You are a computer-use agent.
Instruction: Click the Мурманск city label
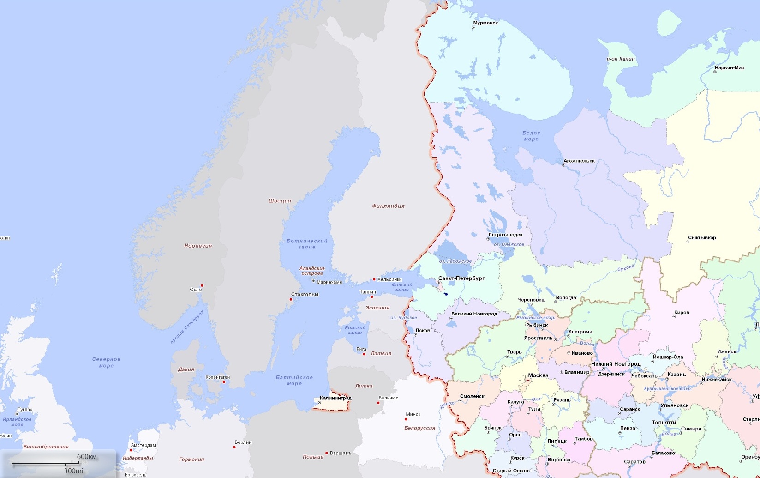click(485, 23)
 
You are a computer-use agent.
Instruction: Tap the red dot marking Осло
click(202, 285)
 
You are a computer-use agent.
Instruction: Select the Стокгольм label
click(305, 294)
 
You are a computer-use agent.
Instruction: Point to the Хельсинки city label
click(389, 279)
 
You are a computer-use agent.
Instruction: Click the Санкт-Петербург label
click(461, 278)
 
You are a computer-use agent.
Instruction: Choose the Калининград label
click(335, 398)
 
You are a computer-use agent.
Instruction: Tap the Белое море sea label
click(531, 136)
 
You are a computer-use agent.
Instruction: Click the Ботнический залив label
click(307, 244)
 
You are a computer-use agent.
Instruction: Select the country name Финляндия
click(388, 206)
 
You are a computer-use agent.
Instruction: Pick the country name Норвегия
click(198, 246)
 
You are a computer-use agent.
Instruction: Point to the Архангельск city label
click(579, 161)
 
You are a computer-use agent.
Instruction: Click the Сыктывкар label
click(702, 238)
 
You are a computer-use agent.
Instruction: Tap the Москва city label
click(538, 375)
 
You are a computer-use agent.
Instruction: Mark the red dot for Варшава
click(327, 453)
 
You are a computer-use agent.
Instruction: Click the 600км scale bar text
click(87, 457)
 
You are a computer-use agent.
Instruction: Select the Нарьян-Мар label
click(729, 68)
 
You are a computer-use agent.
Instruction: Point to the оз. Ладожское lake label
click(455, 261)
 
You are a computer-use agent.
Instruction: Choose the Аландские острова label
click(312, 271)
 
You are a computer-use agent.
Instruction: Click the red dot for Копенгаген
click(224, 382)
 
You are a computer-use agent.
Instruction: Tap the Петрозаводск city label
click(505, 235)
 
